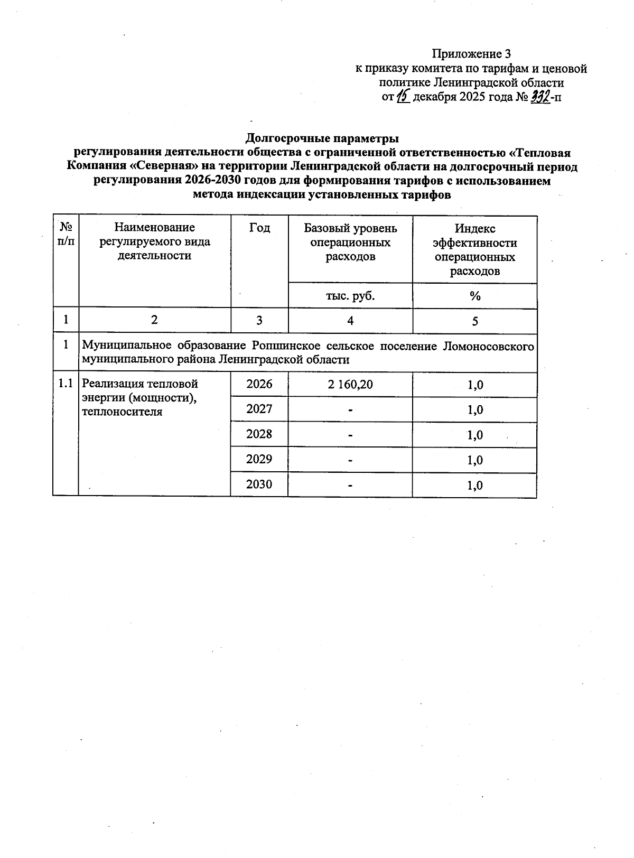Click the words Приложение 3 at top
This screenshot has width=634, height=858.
(x=471, y=54)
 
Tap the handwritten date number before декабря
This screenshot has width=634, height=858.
(x=404, y=97)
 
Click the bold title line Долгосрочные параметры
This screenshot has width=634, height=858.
(x=322, y=138)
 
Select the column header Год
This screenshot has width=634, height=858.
(x=259, y=228)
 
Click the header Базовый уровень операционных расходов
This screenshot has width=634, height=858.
(x=350, y=243)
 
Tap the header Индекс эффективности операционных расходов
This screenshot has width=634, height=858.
(x=474, y=249)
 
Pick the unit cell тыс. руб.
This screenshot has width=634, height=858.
(x=350, y=296)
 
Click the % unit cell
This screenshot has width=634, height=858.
(x=474, y=296)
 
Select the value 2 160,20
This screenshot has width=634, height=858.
(x=350, y=385)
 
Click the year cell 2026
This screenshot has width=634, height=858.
(x=259, y=384)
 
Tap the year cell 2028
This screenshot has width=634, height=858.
(x=259, y=434)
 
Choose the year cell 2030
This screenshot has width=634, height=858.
(x=259, y=484)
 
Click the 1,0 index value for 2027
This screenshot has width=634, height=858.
(x=475, y=410)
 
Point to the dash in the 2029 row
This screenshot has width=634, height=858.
(x=350, y=460)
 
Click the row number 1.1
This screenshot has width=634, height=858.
(x=66, y=384)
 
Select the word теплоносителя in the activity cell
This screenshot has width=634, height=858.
(x=122, y=412)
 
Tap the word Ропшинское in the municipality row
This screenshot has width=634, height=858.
(x=283, y=346)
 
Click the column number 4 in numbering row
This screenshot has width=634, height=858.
(x=350, y=321)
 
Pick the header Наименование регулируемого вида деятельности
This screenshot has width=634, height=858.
(x=154, y=241)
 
